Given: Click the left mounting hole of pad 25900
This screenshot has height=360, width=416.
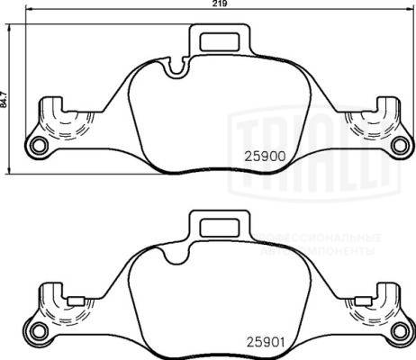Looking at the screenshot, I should pyautogui.click(x=37, y=147).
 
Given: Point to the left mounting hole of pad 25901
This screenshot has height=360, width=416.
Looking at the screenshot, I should pyautogui.click(x=37, y=334).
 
